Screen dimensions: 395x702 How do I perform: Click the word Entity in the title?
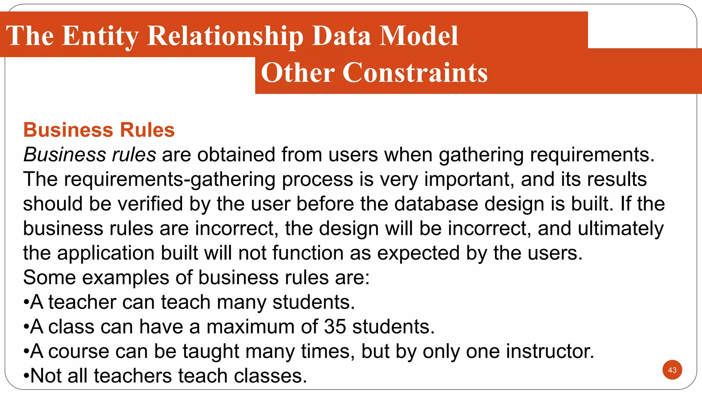(100, 36)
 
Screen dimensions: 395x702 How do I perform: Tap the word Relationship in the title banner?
(225, 36)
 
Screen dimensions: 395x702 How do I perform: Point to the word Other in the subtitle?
(298, 73)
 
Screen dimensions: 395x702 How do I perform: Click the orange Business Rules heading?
(99, 130)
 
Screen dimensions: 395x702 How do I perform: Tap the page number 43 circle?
(672, 370)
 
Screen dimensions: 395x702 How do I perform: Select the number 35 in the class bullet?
(335, 326)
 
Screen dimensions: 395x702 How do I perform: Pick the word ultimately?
(621, 228)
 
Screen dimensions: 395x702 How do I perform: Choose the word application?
(106, 253)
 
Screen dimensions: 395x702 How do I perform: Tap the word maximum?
(251, 326)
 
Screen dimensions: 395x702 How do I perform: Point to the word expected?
(418, 253)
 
